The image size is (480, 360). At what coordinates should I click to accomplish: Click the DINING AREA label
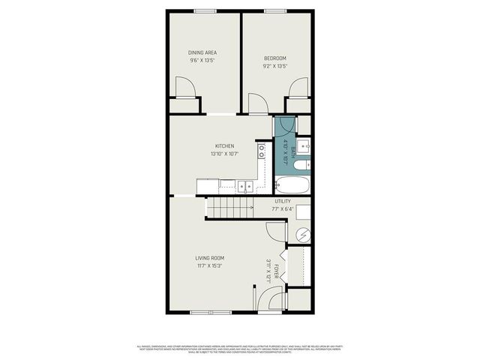(x=202, y=52)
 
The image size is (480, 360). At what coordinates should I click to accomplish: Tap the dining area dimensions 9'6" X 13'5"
(x=202, y=61)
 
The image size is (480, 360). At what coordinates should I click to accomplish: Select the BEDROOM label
(x=274, y=58)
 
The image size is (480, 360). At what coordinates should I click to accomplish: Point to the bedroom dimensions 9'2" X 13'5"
(x=274, y=66)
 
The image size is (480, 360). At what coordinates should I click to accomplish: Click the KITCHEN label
(x=225, y=145)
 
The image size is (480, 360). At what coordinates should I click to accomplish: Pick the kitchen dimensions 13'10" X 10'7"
(x=225, y=154)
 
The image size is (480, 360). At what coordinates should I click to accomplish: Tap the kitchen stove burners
(x=261, y=153)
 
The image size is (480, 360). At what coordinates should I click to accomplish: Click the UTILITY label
(x=283, y=201)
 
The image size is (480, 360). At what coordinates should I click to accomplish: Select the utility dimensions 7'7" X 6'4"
(x=283, y=209)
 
